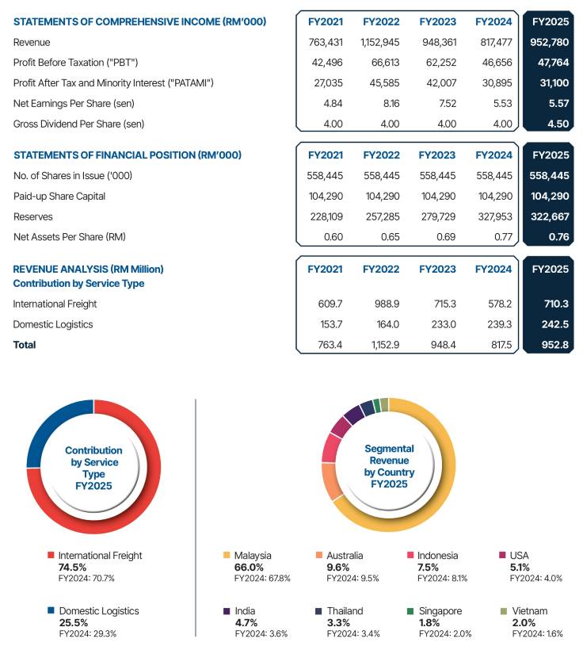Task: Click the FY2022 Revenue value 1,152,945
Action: point(381,41)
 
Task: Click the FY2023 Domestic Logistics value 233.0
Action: point(443,324)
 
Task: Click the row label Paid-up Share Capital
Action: point(59,196)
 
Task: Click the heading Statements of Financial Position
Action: point(128,155)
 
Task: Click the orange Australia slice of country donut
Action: point(330,480)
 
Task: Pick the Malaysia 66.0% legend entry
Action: point(252,561)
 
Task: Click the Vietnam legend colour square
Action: point(504,611)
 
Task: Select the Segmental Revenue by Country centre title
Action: point(388,466)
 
